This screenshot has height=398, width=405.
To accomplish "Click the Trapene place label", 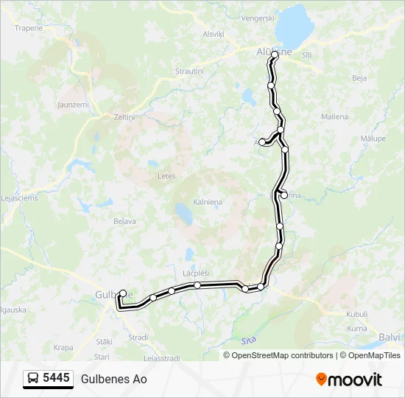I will tap(29, 28).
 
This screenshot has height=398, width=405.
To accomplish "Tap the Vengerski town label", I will tap(258, 17).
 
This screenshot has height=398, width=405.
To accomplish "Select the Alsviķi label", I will tap(213, 34).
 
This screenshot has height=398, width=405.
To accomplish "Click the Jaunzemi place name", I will tap(73, 105).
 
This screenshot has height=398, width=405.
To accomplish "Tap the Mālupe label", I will tap(373, 138).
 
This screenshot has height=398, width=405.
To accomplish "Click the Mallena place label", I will tap(334, 116).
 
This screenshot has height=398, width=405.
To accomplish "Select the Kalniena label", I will tap(208, 201).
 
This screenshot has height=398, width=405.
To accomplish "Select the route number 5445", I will tap(56, 379).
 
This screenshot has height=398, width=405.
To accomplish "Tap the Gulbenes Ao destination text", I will tap(113, 379).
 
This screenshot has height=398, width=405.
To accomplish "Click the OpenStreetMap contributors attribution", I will tap(279, 355).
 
